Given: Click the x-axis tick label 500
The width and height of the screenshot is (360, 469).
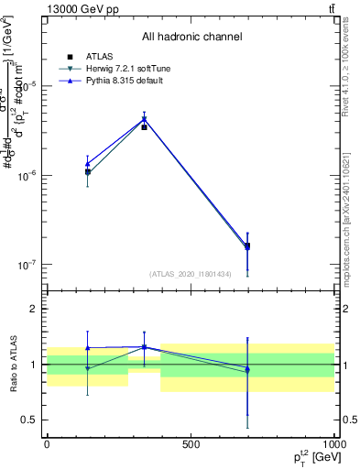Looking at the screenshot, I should coord(190,443).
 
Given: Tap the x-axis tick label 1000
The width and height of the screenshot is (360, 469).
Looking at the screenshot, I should coord(332,443).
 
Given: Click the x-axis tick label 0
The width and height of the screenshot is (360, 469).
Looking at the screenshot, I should coord(46,443).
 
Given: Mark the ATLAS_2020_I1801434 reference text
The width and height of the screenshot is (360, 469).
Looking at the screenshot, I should coord(191,274).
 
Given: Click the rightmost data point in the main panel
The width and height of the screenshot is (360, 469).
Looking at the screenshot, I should coord(247,245).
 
